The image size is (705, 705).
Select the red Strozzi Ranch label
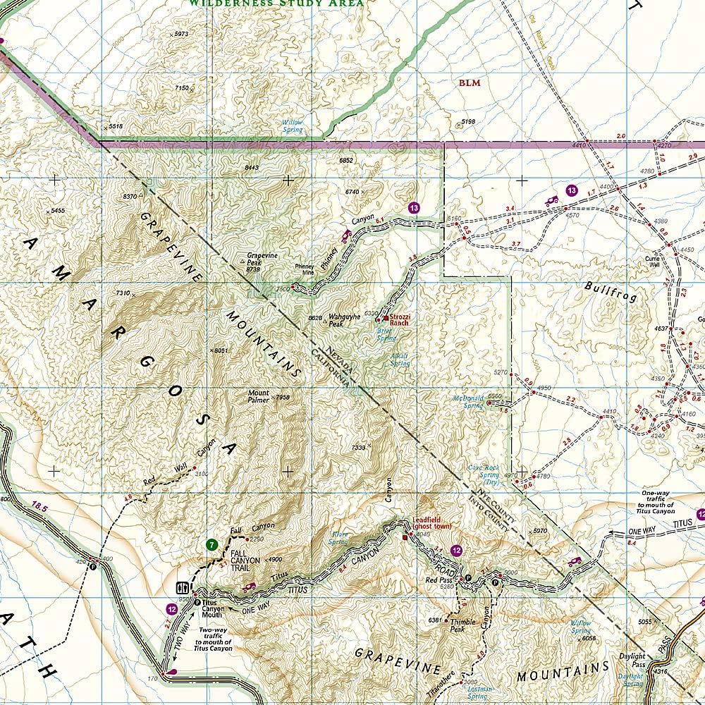click(x=400, y=320)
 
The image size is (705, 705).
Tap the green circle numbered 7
click(x=210, y=544)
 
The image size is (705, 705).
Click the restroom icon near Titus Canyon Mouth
click(x=180, y=587)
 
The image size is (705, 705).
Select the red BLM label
click(x=470, y=83)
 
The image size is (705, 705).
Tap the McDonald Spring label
click(x=468, y=402)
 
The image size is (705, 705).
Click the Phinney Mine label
click(x=304, y=270)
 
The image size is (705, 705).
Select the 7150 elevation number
click(x=181, y=88)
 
